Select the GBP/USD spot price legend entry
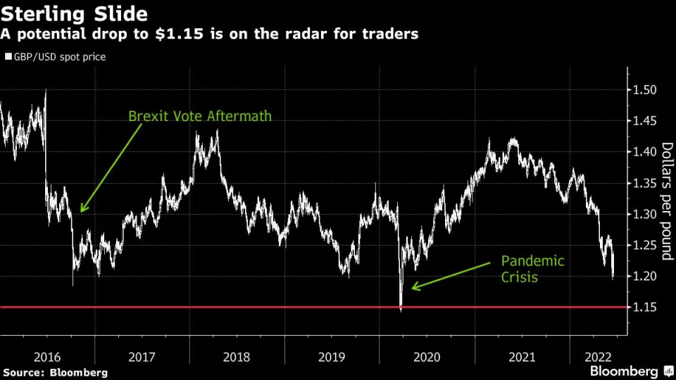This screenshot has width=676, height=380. click(55, 57)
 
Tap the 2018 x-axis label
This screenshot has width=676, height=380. click(237, 357)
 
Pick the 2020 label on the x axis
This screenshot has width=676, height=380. click(427, 357)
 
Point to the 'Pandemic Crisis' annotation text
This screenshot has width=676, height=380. click(532, 269)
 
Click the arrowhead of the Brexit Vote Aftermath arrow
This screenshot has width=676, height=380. click(82, 210)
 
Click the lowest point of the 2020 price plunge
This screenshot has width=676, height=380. click(401, 310)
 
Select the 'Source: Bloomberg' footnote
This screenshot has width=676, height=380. click(55, 372)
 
